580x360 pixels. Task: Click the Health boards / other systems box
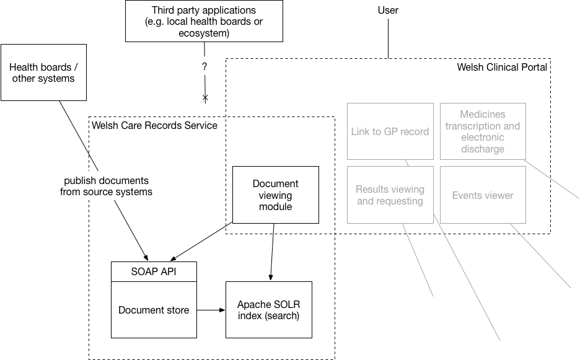tap(43, 72)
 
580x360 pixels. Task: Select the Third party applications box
tap(204, 21)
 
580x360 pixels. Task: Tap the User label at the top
tap(388, 11)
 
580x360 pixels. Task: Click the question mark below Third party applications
tap(204, 66)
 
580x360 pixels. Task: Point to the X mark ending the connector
tap(205, 98)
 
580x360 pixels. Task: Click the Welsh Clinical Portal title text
tap(502, 67)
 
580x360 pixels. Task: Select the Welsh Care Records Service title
tap(155, 126)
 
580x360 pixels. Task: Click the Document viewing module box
tap(275, 195)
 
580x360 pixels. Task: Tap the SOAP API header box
tap(154, 271)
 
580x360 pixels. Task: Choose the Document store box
tap(154, 310)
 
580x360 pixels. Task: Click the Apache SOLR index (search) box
tap(268, 310)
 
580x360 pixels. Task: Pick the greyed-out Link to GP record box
tap(390, 131)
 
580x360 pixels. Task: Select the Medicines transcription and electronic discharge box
tap(483, 131)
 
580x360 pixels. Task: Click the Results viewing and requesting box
tap(390, 195)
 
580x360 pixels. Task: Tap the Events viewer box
tap(483, 195)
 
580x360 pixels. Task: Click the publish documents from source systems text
tap(106, 186)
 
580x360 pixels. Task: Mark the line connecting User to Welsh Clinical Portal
tap(388, 37)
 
